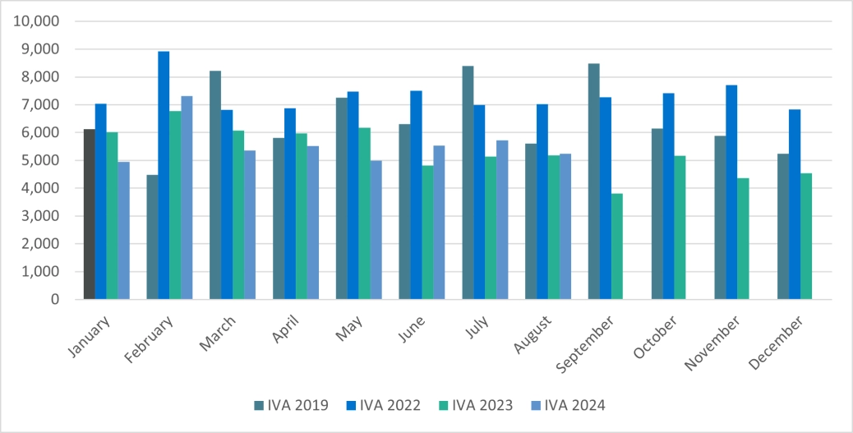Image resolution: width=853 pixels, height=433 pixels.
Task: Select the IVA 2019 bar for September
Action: point(594,181)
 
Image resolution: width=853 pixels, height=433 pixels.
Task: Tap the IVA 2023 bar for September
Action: point(617,246)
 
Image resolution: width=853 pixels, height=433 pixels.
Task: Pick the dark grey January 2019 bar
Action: point(90,214)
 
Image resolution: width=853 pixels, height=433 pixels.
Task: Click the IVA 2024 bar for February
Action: point(187,197)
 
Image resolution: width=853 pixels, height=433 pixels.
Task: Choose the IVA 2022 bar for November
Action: point(731,192)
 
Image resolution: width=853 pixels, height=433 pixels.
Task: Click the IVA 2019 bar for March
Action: point(215,185)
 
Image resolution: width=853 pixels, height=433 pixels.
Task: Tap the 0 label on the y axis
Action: point(54,299)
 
